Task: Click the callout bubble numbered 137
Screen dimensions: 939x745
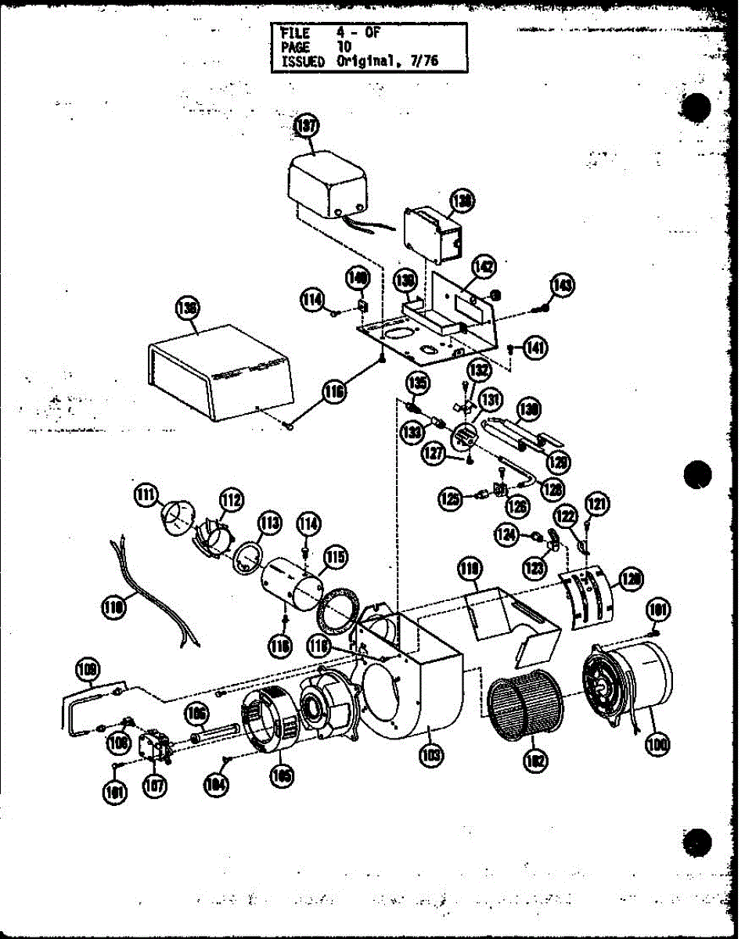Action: pos(304,127)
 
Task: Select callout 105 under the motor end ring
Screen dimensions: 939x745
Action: pos(281,775)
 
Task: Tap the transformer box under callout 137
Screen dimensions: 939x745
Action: pos(329,185)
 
